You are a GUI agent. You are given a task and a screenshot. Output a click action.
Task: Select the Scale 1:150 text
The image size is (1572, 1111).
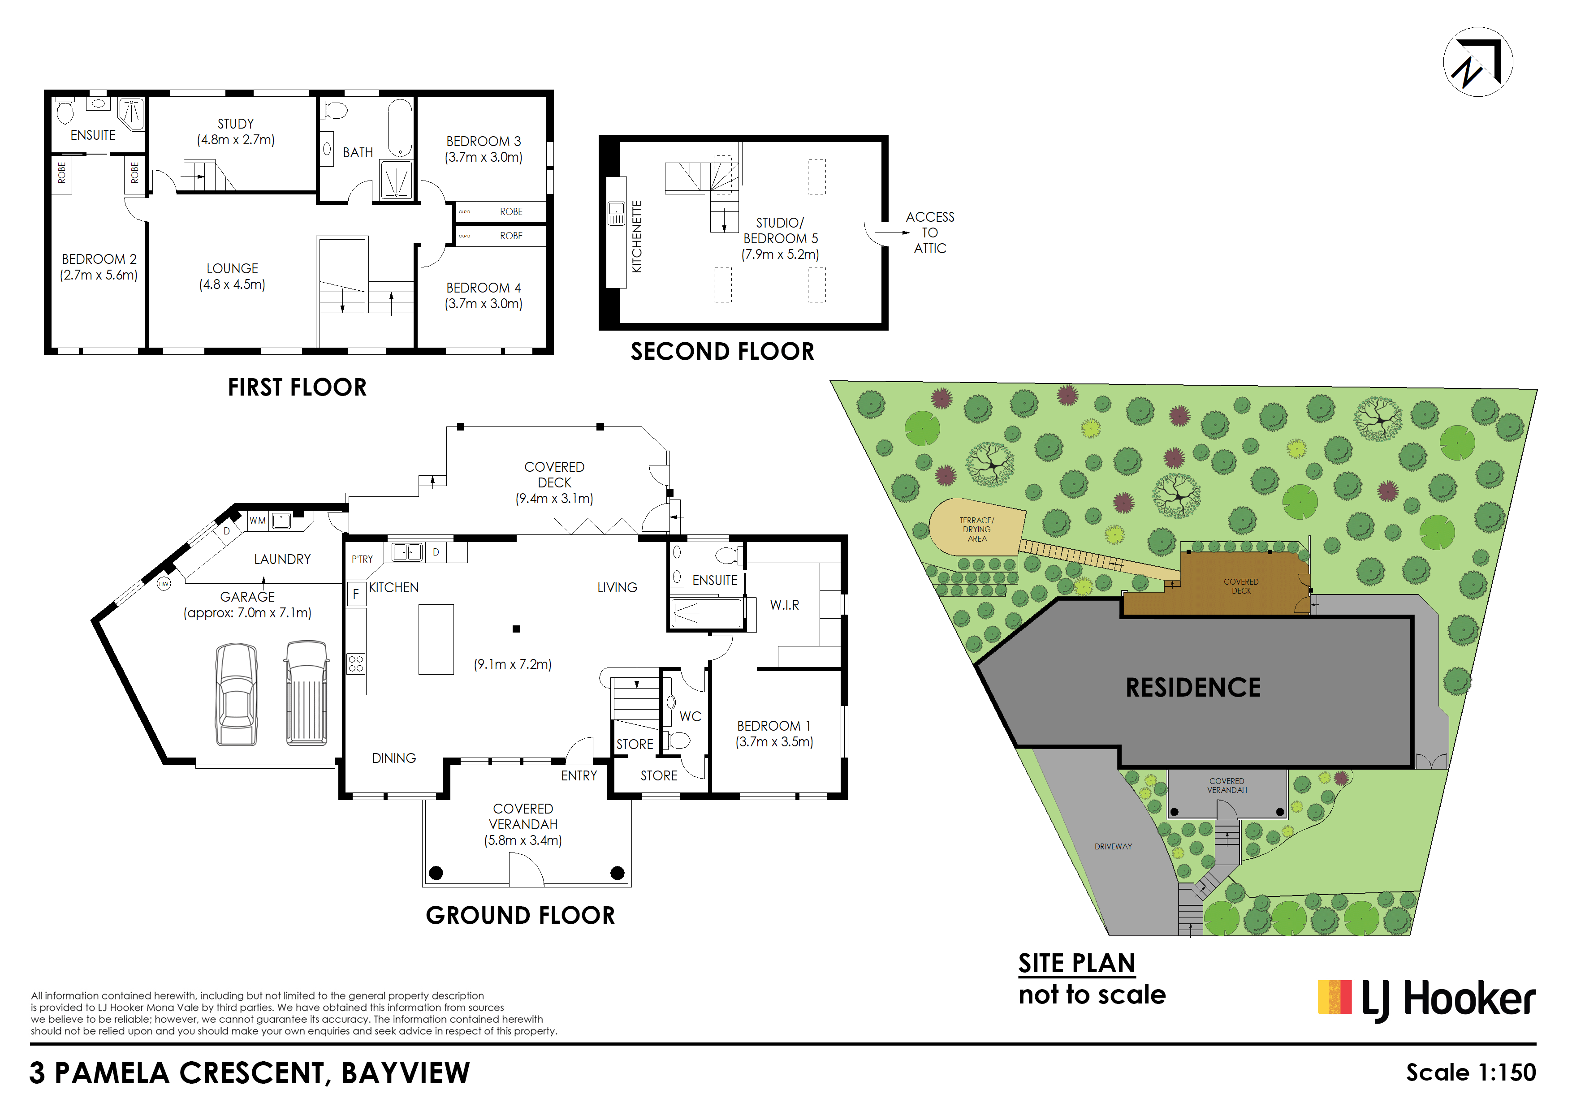(x=1471, y=1072)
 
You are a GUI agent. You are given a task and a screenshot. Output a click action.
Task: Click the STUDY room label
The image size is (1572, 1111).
(x=236, y=124)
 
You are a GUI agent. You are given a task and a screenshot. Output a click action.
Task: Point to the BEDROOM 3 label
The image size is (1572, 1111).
(x=484, y=141)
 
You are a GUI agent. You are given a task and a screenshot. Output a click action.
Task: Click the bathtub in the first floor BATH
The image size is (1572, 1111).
(x=400, y=128)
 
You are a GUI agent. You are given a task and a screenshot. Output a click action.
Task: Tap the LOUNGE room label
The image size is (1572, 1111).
(x=232, y=268)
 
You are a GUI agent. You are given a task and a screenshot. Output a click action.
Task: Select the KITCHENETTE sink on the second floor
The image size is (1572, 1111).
(x=616, y=214)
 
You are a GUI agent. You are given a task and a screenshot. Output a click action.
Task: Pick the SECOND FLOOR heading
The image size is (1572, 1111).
(x=722, y=352)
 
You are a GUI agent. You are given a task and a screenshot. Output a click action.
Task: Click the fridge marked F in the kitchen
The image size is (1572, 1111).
(x=356, y=594)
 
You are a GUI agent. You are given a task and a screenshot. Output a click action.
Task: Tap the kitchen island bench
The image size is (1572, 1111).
(x=436, y=639)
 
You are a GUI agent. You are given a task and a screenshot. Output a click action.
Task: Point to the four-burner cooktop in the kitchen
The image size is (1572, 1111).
(x=356, y=663)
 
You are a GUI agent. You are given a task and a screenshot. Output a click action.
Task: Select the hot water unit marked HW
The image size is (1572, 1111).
(x=164, y=584)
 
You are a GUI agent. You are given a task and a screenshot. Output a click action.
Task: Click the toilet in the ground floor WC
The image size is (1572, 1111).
(x=678, y=739)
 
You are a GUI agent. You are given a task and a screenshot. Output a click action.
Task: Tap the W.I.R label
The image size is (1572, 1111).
(x=784, y=605)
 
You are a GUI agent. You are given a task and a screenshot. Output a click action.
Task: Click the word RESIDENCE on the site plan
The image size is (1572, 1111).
(x=1193, y=687)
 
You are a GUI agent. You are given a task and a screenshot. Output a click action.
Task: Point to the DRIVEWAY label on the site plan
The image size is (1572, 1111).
(x=1113, y=847)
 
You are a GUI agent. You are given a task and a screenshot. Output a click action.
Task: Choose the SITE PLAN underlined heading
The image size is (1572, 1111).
(x=1076, y=963)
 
